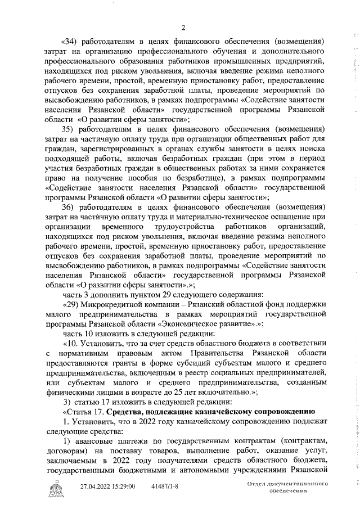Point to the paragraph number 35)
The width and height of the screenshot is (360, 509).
click(x=69, y=129)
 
